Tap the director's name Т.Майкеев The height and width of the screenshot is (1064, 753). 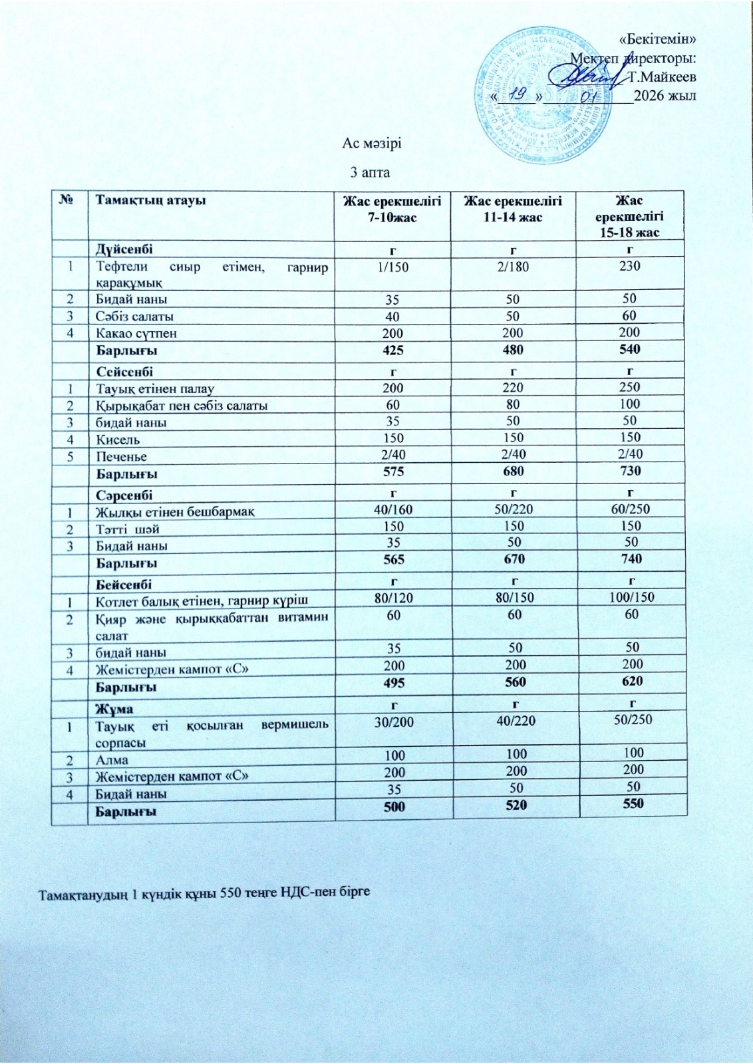pyautogui.click(x=663, y=76)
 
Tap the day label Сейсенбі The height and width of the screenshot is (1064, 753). pyautogui.click(x=125, y=371)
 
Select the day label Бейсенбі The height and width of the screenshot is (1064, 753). pyautogui.click(x=124, y=584)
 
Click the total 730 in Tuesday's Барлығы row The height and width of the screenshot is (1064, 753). pyautogui.click(x=629, y=471)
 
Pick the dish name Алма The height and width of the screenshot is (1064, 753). pyautogui.click(x=112, y=759)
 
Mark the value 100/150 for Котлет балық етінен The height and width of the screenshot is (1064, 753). pyautogui.click(x=629, y=597)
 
